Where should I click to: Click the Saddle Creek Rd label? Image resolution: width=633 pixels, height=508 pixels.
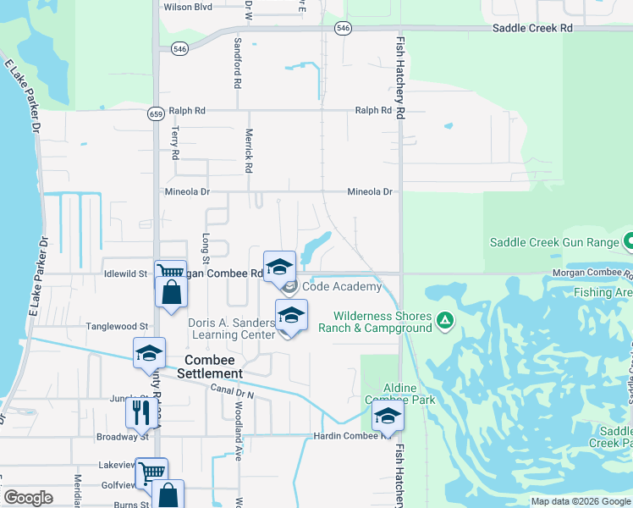(533, 28)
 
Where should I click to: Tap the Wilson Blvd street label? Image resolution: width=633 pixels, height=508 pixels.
(188, 7)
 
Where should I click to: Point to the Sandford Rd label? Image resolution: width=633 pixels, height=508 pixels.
(238, 63)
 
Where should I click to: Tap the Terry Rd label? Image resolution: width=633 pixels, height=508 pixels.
(175, 143)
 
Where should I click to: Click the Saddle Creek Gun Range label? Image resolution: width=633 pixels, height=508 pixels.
(554, 242)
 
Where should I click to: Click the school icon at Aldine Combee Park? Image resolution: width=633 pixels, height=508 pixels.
(388, 416)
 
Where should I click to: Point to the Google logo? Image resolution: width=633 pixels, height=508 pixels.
(29, 498)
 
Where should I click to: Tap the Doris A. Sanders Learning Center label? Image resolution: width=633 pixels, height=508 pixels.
(232, 329)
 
